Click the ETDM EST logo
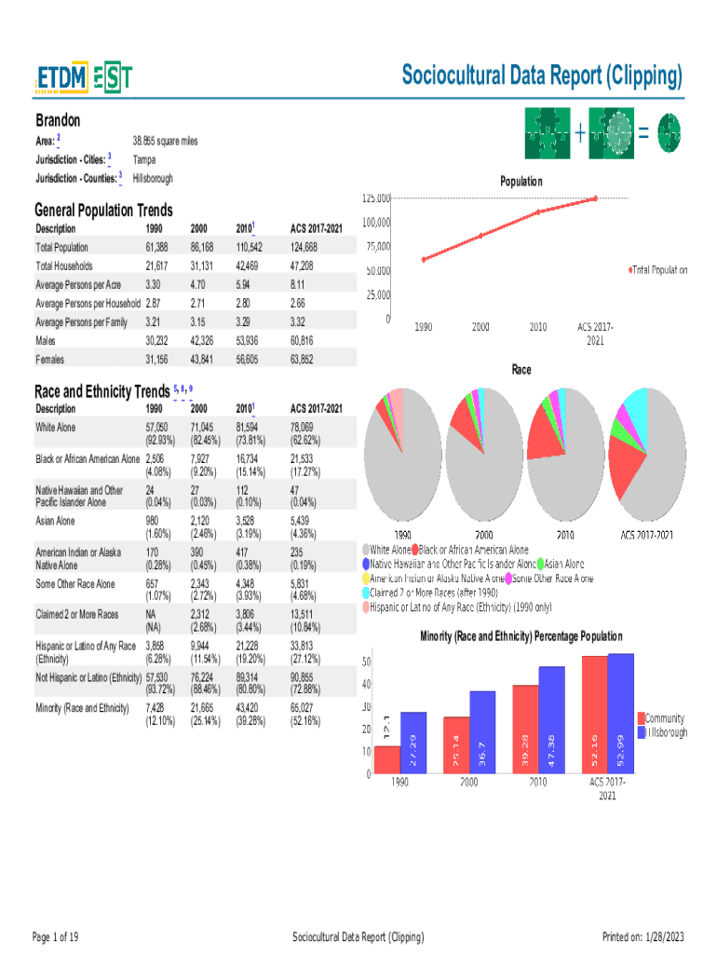coord(84,79)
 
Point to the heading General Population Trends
coord(103,211)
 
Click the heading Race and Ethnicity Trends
coord(101,391)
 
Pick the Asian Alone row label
coord(55,521)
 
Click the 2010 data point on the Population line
coord(538,212)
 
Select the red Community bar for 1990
coord(387,759)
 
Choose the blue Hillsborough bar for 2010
coord(551,719)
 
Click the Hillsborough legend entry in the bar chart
coord(663,733)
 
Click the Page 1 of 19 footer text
coord(55,936)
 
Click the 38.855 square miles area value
coord(165,142)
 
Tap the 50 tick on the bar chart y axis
coord(367,661)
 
